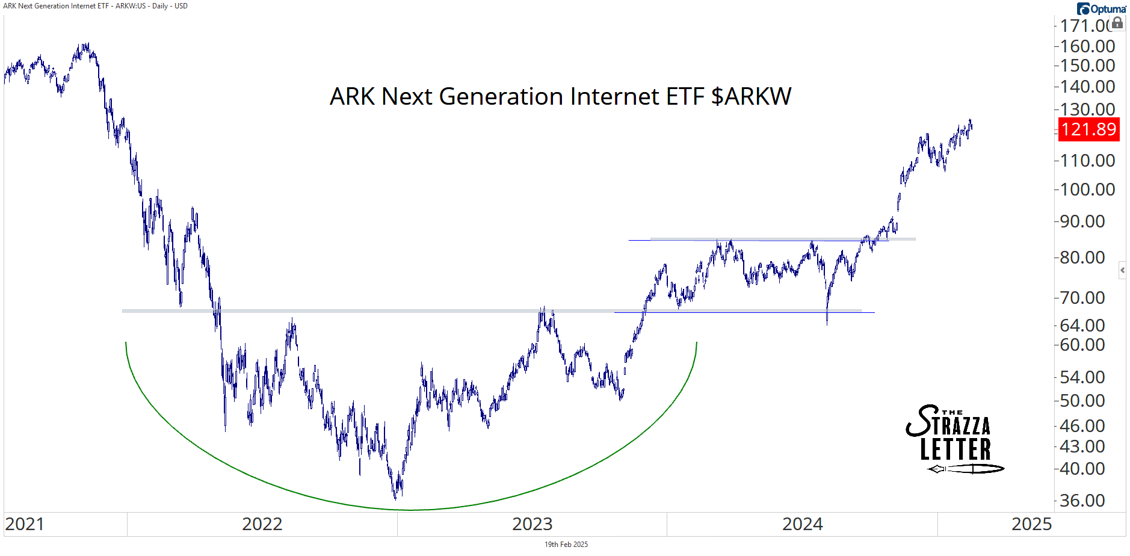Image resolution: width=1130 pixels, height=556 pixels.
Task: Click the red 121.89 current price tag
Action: point(1088,129)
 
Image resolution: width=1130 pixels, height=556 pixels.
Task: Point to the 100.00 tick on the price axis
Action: point(1087,190)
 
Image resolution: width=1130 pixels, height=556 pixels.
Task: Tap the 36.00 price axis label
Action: point(1082,501)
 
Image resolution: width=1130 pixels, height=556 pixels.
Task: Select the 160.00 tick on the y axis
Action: point(1087,46)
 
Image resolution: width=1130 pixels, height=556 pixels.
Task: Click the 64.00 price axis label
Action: point(1082,326)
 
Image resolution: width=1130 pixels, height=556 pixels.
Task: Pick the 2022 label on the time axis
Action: point(262,524)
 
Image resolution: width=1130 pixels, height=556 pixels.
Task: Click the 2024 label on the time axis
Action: point(802,524)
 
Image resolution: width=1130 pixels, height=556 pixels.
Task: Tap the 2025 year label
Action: point(1031,524)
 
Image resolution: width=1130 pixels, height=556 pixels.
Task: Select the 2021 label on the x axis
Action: point(25,524)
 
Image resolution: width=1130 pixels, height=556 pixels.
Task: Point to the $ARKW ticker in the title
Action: point(751,96)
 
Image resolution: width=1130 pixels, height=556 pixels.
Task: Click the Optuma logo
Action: point(1101,8)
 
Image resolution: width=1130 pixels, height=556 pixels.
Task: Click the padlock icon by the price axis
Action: point(1117,23)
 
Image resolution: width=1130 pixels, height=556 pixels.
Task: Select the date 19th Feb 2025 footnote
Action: point(566,545)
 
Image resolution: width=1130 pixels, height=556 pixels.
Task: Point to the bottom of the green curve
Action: point(412,510)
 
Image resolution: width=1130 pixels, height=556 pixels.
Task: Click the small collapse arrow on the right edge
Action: point(1122,270)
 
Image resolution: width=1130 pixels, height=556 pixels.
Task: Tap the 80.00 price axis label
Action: point(1082,258)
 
